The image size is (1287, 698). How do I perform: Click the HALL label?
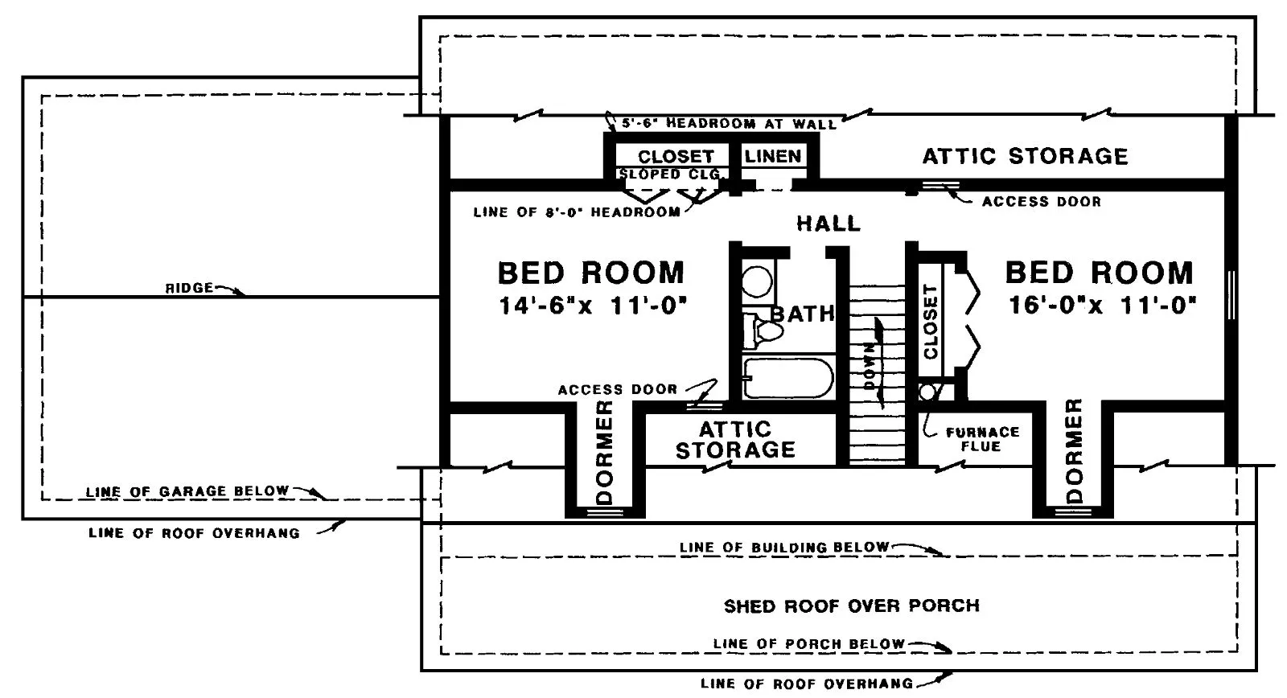(829, 223)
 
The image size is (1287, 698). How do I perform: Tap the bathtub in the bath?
(788, 378)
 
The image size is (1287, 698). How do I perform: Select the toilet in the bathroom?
(763, 331)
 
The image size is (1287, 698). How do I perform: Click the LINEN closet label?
(773, 156)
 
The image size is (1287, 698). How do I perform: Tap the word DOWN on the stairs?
(870, 365)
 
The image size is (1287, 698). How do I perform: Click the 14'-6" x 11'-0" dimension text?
(593, 305)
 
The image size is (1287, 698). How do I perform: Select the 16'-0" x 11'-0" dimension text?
(1103, 305)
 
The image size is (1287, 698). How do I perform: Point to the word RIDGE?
(189, 287)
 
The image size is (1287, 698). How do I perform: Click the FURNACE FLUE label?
(982, 439)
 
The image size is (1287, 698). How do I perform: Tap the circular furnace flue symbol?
(927, 392)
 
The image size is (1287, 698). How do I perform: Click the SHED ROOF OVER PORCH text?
(852, 606)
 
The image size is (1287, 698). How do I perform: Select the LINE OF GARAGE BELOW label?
(187, 491)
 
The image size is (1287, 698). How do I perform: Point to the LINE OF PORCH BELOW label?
(809, 643)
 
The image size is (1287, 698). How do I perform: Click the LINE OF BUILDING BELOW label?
(784, 547)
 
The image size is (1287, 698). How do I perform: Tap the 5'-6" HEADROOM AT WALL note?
(729, 123)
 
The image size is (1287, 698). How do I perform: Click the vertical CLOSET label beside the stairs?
(931, 322)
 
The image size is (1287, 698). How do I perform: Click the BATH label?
(802, 314)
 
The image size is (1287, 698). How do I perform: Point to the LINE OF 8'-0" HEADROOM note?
(577, 212)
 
